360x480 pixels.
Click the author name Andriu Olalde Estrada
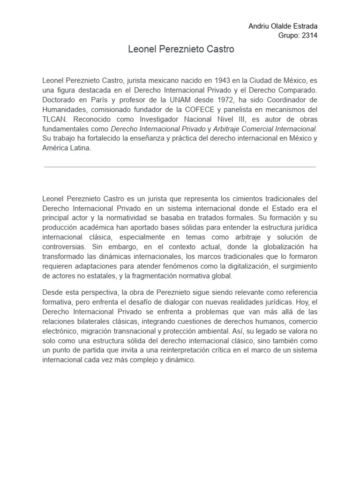[x=283, y=26]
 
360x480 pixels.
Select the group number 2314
[x=308, y=36]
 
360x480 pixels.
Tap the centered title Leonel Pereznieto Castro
[x=180, y=49]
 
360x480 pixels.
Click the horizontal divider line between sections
[x=180, y=166]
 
